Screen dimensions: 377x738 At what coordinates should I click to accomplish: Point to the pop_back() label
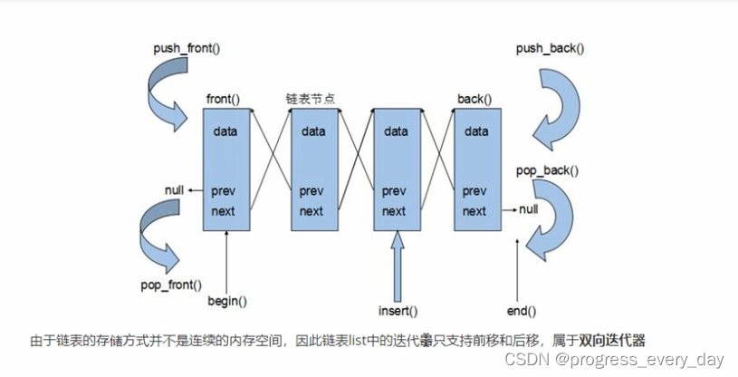[547, 169]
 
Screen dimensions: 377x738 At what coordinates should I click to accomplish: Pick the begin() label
[227, 300]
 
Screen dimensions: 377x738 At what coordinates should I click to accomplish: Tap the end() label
[519, 311]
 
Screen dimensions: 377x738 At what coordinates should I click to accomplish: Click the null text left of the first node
[175, 189]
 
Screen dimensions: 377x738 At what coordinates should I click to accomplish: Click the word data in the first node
[225, 131]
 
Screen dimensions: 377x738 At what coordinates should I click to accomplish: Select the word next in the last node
[474, 210]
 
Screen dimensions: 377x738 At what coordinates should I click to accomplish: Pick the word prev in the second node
[311, 191]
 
